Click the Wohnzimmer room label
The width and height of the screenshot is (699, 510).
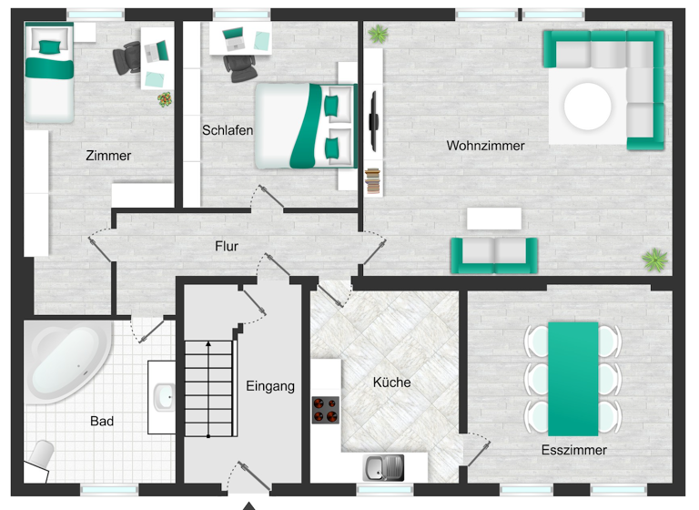485,146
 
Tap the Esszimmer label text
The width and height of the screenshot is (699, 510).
573,450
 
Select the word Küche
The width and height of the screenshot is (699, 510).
391,382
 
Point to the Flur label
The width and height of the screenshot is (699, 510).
227,246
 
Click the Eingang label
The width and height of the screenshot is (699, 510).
270,386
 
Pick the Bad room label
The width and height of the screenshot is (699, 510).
102,422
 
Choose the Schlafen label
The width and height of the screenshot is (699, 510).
227,130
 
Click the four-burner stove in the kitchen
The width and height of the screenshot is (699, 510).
325,411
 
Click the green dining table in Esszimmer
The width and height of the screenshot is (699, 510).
573,377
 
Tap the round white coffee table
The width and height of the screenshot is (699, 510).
588,107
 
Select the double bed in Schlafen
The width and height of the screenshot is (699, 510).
305,126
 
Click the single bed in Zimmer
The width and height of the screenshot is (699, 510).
48,73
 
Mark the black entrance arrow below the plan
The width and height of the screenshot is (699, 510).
248,504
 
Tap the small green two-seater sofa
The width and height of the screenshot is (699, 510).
494,254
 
